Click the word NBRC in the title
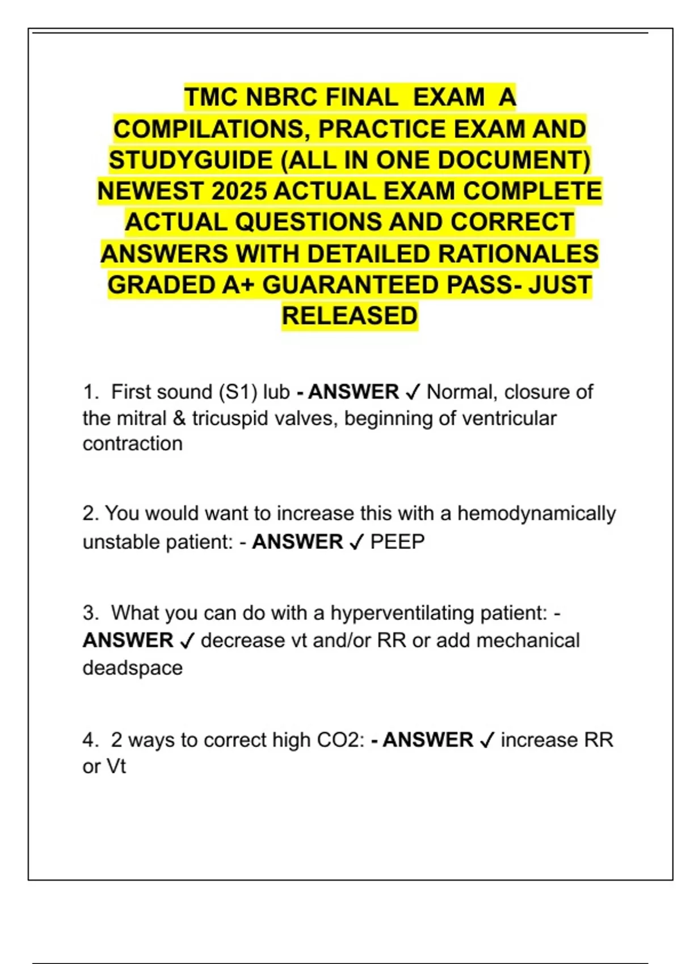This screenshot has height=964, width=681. coord(281,98)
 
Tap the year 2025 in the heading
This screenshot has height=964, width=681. coord(238,191)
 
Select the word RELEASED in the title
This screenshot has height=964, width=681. coord(350,316)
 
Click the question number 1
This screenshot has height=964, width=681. coord(89,392)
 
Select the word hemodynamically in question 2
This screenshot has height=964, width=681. coord(536,513)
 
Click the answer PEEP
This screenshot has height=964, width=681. coord(397,542)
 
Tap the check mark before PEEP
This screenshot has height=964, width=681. coord(356,543)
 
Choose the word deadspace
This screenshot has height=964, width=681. coord(133,667)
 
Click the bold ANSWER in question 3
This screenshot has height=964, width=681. coord(128,640)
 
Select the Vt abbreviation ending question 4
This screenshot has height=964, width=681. coord(116,767)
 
